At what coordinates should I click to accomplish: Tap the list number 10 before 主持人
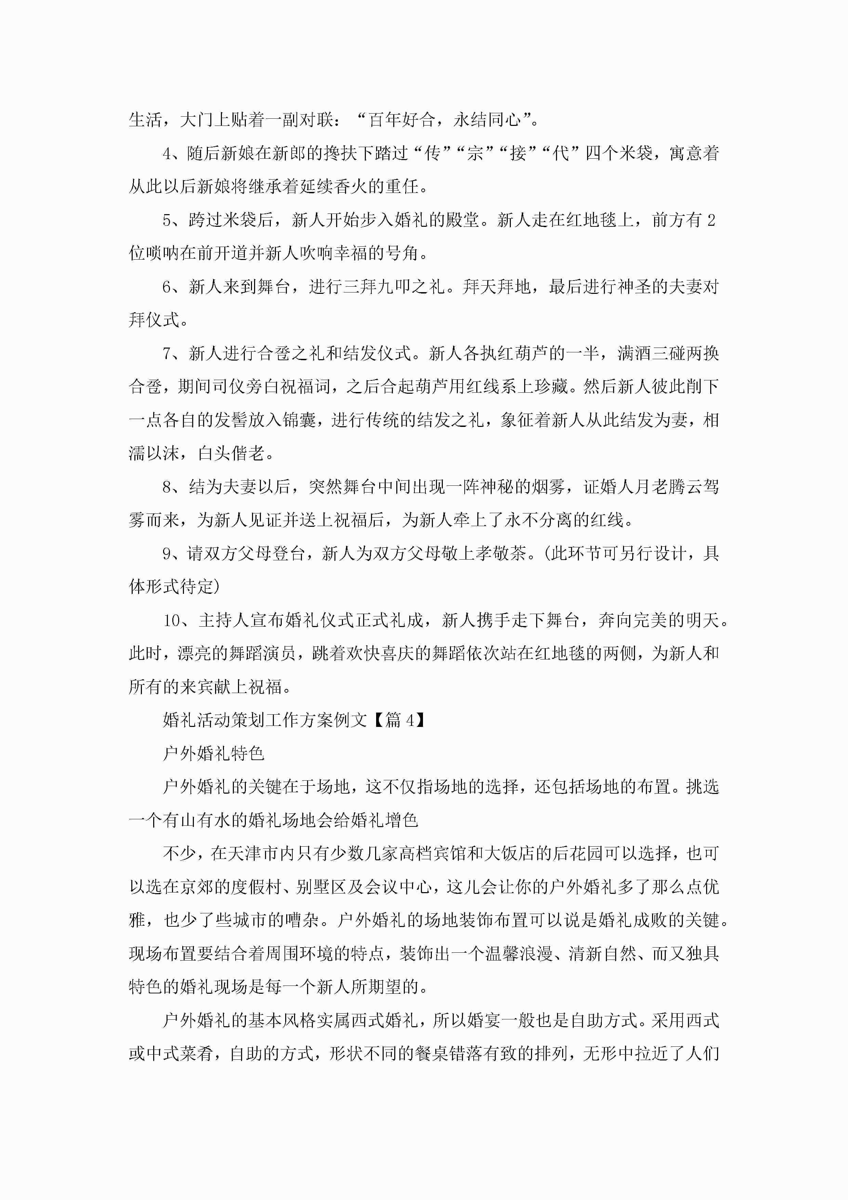pyautogui.click(x=171, y=621)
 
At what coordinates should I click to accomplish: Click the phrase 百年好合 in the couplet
pyautogui.click(x=402, y=120)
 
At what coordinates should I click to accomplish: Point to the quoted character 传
pyautogui.click(x=433, y=154)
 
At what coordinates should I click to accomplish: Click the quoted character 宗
pyautogui.click(x=476, y=154)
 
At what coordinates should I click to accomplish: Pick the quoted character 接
pyautogui.click(x=518, y=154)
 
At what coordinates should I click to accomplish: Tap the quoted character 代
pyautogui.click(x=561, y=154)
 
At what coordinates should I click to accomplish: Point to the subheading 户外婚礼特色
pyautogui.click(x=214, y=753)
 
